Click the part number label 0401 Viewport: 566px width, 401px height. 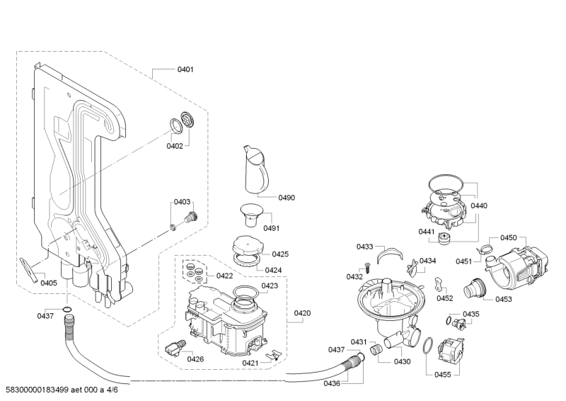[x=185, y=70]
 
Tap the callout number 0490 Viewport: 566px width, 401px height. [x=286, y=197]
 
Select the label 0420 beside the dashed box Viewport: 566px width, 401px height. [x=302, y=312]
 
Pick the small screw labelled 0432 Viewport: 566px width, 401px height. [x=368, y=265]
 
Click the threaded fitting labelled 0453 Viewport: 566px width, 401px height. [x=472, y=290]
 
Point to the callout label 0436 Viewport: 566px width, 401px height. [x=332, y=383]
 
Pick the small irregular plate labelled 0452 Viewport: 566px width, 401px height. [x=438, y=285]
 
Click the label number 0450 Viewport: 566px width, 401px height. [x=509, y=238]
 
